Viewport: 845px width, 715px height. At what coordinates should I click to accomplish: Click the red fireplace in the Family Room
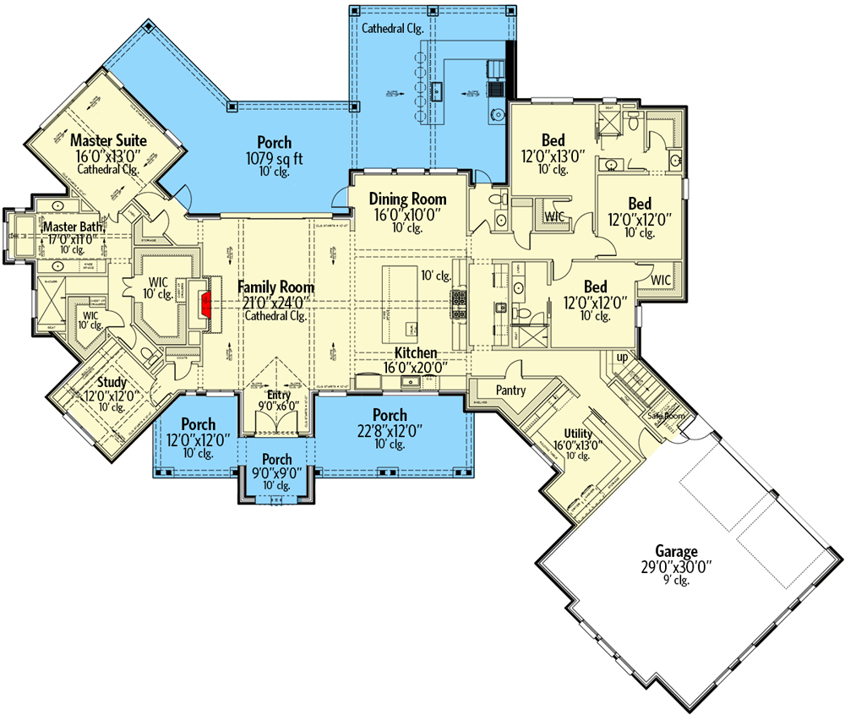(204, 301)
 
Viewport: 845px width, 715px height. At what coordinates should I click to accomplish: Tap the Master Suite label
(108, 139)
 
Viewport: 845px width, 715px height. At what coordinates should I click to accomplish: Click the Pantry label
(511, 390)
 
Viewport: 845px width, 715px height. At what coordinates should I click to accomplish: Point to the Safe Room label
(666, 416)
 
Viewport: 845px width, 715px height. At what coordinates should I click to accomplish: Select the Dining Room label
(408, 199)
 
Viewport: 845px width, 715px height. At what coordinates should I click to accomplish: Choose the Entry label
(279, 395)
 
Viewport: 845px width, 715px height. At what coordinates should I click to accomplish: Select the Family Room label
(275, 287)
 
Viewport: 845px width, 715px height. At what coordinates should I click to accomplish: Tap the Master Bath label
(74, 227)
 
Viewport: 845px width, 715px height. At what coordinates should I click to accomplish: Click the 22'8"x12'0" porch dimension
(390, 430)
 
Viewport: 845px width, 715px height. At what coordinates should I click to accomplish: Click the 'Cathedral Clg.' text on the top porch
(392, 28)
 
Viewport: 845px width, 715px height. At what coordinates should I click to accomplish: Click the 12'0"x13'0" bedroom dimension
(553, 156)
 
